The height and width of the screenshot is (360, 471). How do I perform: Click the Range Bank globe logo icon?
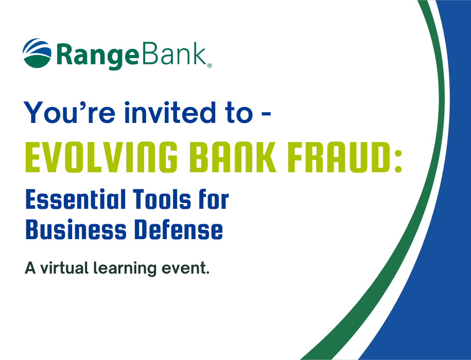(x=37, y=53)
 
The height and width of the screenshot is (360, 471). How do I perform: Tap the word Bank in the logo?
(x=174, y=53)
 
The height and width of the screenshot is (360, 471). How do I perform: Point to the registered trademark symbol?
(x=210, y=66)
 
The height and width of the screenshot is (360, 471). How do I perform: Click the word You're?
(x=69, y=113)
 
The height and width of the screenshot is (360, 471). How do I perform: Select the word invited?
(x=170, y=112)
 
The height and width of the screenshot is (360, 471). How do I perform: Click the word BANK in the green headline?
(x=233, y=157)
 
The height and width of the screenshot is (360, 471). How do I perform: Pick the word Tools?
(x=162, y=199)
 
